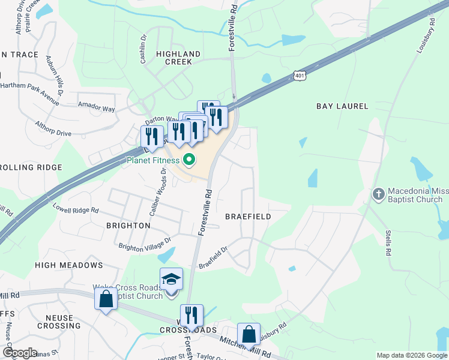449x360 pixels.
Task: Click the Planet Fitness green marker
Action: (189, 160)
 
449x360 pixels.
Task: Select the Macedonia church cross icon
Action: (378, 194)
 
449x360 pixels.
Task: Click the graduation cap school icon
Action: (171, 279)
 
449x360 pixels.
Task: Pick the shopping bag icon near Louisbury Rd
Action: (249, 335)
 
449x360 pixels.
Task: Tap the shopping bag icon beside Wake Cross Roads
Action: (106, 299)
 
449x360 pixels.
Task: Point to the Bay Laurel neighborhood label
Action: (342, 106)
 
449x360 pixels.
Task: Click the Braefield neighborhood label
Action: (248, 216)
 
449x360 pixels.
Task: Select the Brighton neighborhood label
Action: (128, 226)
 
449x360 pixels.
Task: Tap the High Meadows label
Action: (69, 265)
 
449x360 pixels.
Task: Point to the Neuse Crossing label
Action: (55, 322)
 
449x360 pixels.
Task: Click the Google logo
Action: (19, 353)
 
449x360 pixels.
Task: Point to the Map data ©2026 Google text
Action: (411, 355)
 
